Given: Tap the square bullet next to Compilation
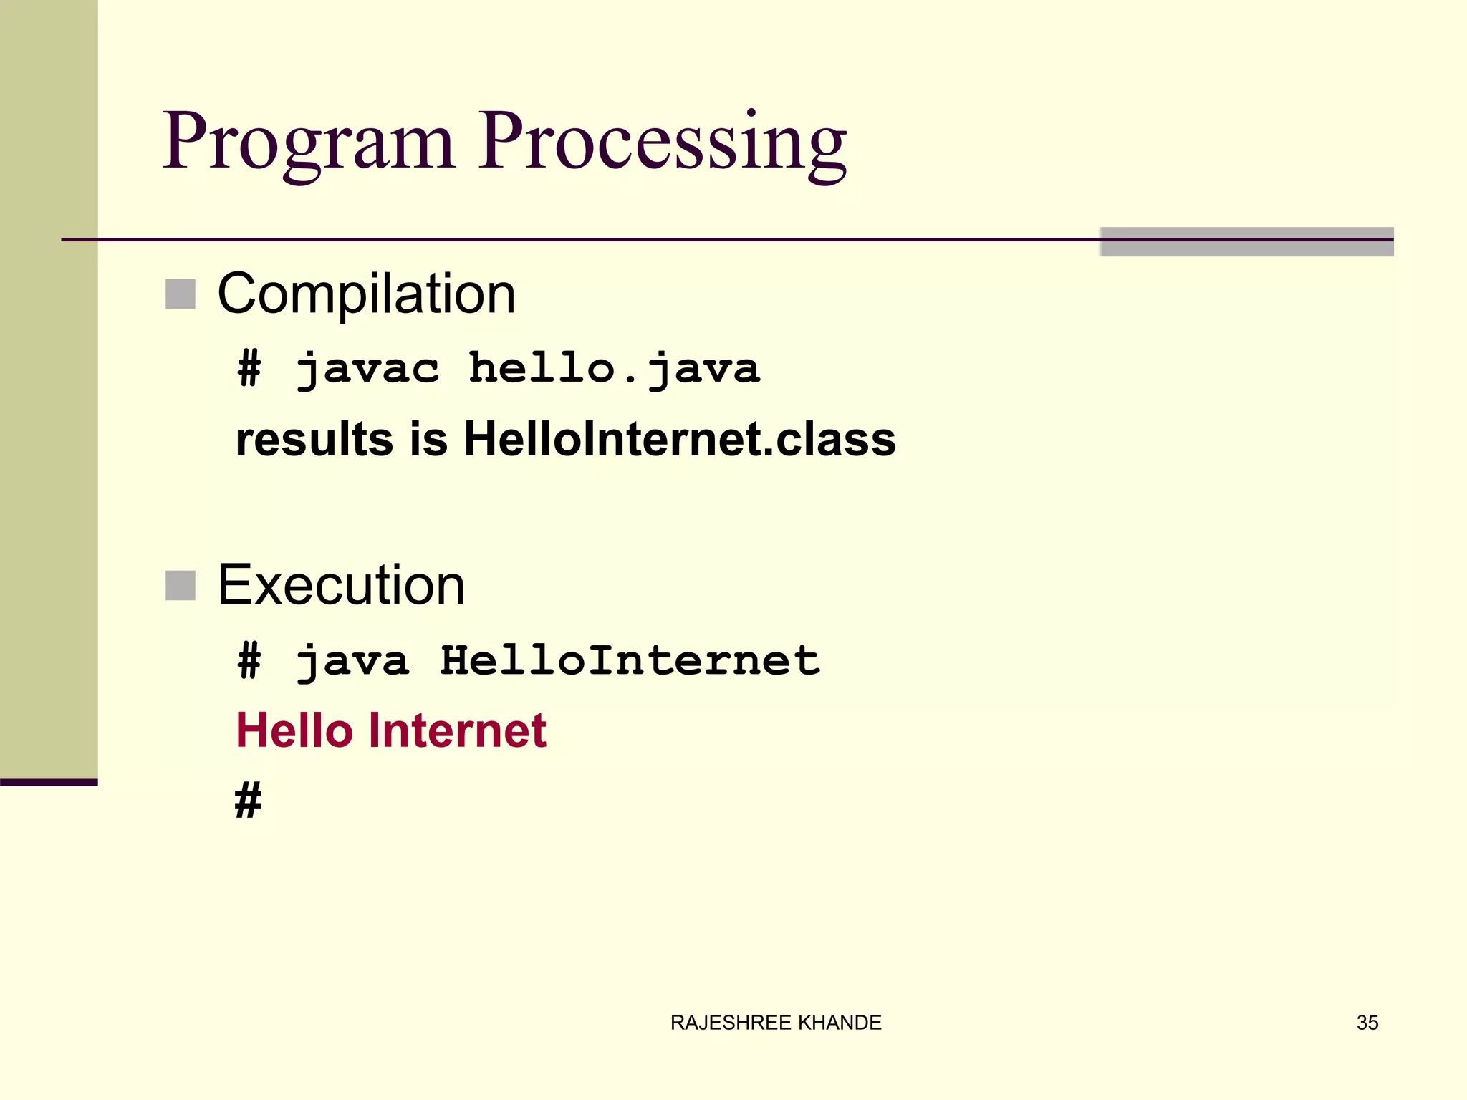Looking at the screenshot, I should pos(181,294).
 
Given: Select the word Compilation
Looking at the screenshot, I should pos(366,294).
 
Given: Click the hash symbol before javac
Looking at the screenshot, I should pos(249,370).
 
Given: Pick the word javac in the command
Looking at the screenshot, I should pos(367,370).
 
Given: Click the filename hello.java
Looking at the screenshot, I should pos(614,370).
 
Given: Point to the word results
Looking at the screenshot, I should pos(314,439).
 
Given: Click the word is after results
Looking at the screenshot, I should pos(428,439).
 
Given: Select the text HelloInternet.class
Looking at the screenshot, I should pos(680,439).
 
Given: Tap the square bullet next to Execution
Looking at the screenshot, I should pos(181,586).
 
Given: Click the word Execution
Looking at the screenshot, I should pos(341,586).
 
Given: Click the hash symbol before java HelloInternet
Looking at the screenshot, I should pos(249,661).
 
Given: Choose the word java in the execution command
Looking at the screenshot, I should pos(352,661).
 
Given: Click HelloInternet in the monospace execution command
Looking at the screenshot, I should pos(630,661).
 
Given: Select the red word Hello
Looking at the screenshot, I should pos(294,731).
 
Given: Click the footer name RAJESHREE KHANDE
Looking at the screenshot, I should pos(776,1023).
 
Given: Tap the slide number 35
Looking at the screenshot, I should pos(1367,1023).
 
